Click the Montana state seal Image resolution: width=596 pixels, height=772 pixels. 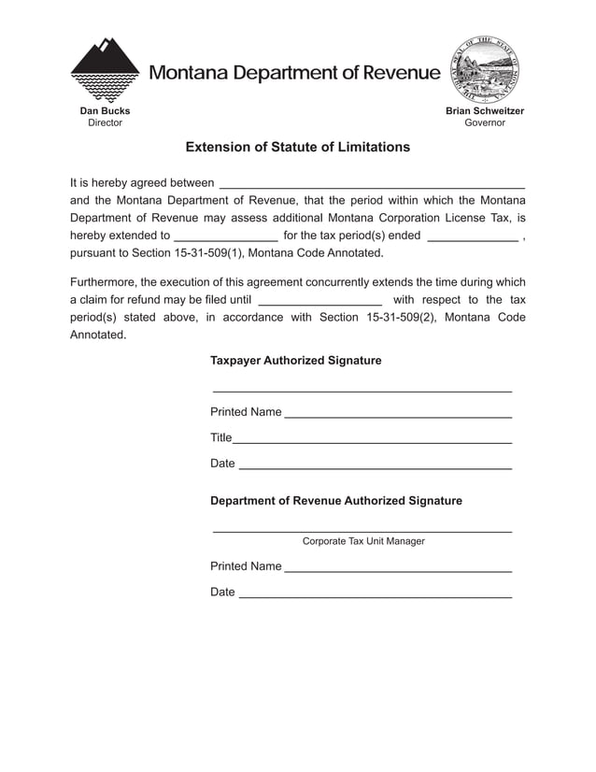coord(485,70)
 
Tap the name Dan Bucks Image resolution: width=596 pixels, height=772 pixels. coord(105,111)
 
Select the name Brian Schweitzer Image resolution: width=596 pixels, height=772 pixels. coord(485,111)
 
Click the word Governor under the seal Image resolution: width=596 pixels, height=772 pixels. coord(485,122)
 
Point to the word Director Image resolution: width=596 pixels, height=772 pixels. coord(105,122)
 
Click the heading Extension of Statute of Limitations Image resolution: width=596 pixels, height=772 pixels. coord(297,148)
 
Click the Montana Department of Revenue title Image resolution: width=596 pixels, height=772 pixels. coord(293,73)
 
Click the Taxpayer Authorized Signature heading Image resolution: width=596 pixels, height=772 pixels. coord(295,361)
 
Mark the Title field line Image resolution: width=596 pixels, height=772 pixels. coord(372,440)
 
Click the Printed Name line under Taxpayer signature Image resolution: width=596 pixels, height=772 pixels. coord(397,415)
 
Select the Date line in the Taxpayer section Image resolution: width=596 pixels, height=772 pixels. coord(375,466)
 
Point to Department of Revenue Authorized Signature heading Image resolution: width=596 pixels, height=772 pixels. coord(335,501)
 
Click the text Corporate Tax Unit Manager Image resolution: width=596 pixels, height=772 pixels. coord(363,541)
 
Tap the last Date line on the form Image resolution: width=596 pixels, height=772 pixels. coord(375,595)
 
